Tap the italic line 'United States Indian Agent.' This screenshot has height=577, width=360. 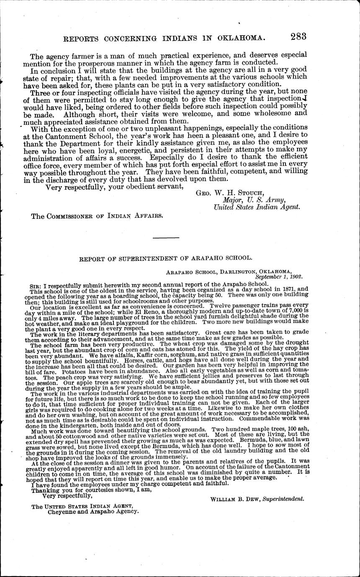pyautogui.click(x=257, y=207)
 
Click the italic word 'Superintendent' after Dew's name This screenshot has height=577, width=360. pyautogui.click(x=283, y=499)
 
